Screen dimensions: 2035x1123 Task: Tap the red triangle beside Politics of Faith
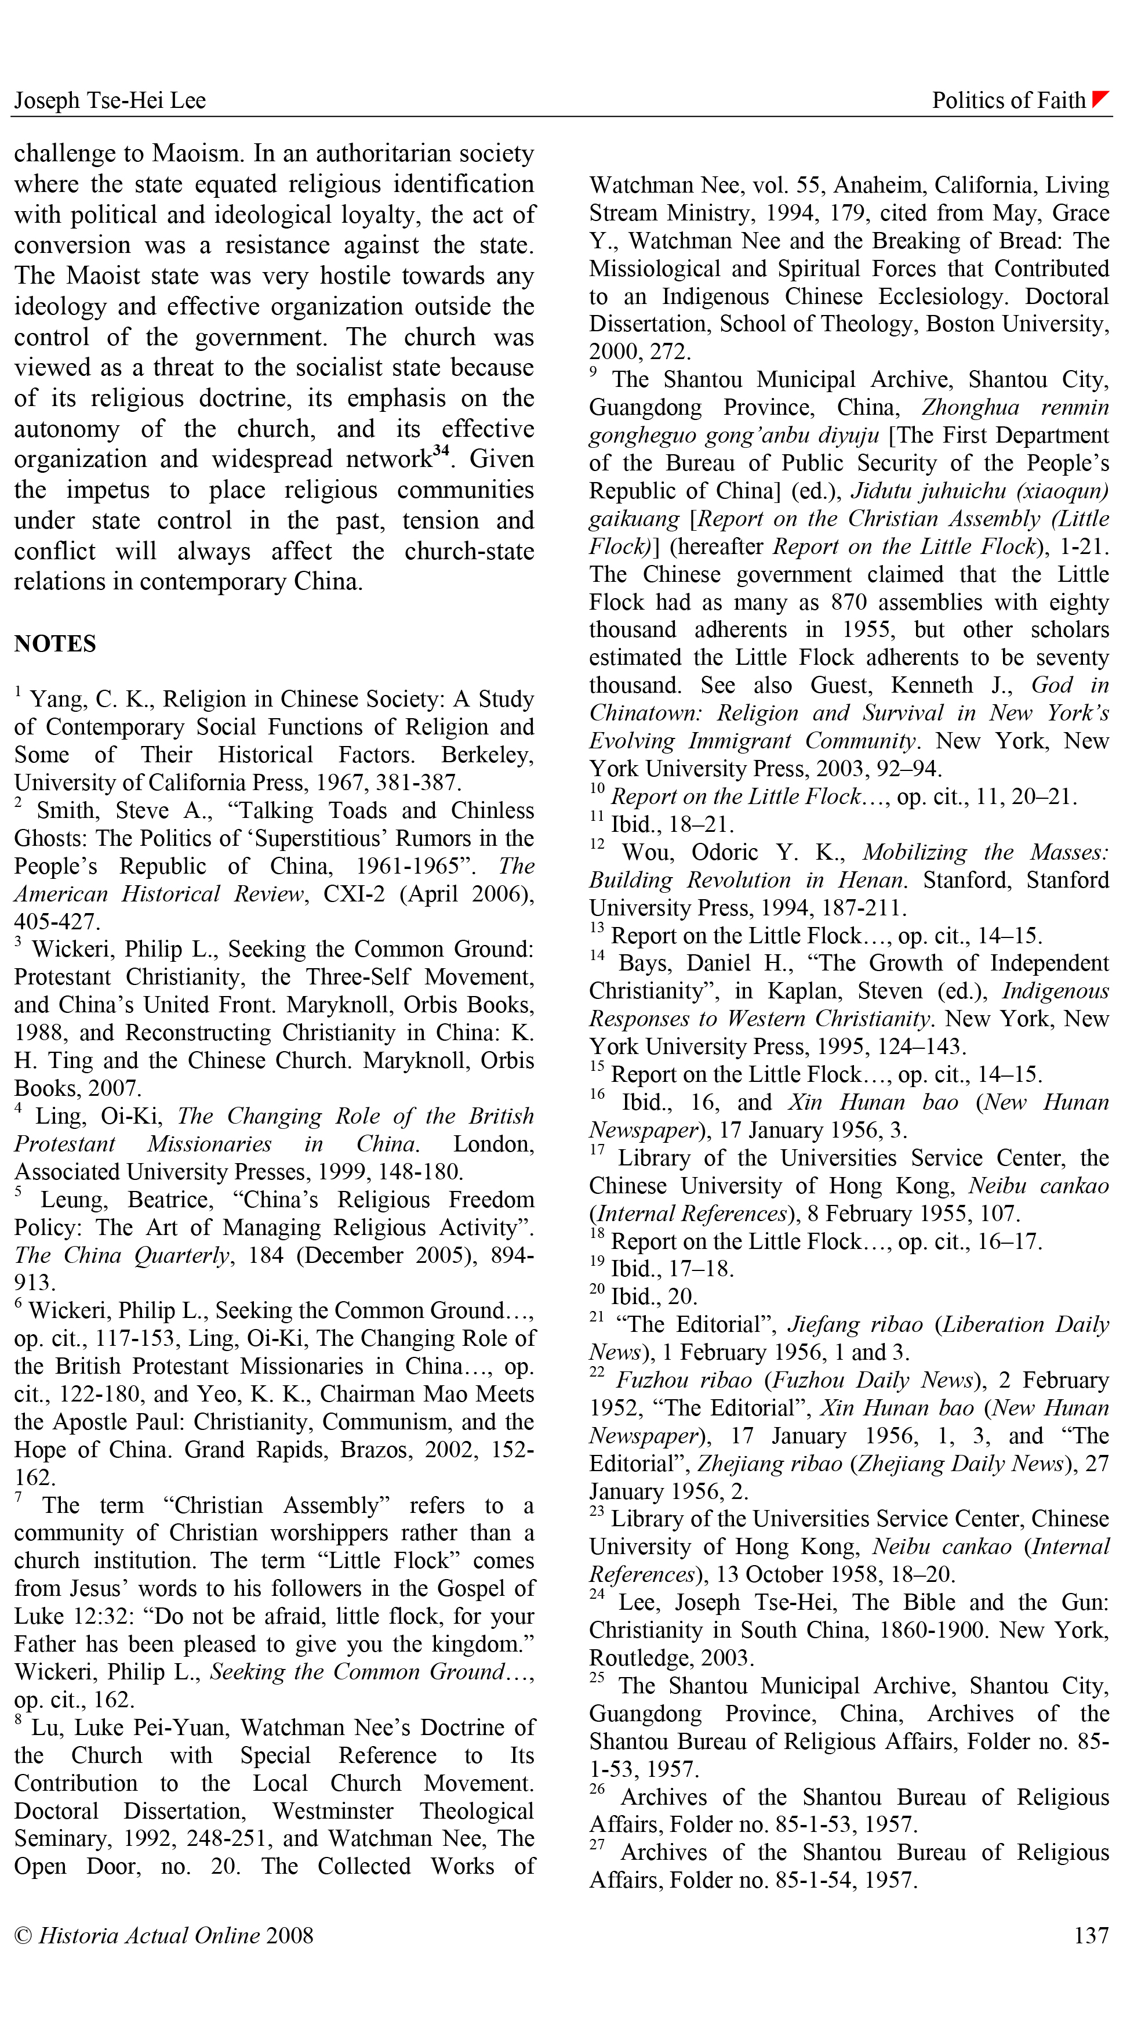pyautogui.click(x=1100, y=99)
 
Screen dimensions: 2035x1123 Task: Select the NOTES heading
pyautogui.click(x=55, y=644)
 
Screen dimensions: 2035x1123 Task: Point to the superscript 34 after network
pyautogui.click(x=441, y=451)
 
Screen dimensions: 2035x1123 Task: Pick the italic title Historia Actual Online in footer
pyautogui.click(x=149, y=1935)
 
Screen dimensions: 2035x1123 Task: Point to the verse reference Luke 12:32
pyautogui.click(x=70, y=1616)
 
